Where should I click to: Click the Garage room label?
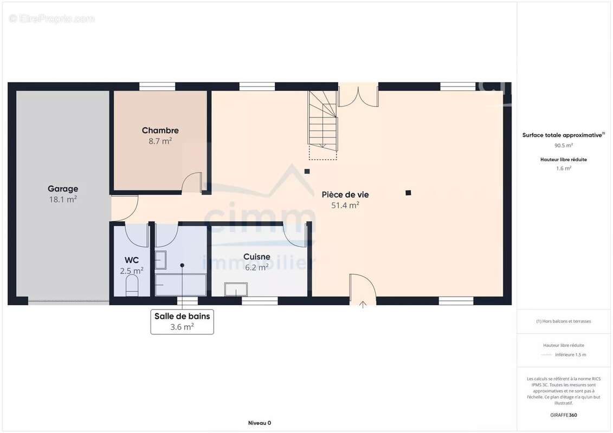[63, 188]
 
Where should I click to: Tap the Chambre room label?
[160, 130]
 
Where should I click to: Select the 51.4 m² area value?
[345, 205]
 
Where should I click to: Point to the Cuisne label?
[257, 257]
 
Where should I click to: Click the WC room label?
[132, 260]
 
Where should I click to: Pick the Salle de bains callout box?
[182, 322]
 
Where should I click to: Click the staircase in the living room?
[323, 121]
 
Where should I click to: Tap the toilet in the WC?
[132, 285]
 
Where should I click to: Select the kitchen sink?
[236, 289]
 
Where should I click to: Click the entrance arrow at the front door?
[363, 305]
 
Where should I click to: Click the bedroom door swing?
[192, 182]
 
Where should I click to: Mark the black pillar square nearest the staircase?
[307, 172]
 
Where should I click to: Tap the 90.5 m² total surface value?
[564, 145]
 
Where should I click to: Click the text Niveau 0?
[260, 423]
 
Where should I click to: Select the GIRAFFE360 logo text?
[564, 415]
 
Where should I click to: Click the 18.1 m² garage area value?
[63, 200]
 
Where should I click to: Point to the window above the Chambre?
[157, 86]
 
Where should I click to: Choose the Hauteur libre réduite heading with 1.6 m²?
[564, 159]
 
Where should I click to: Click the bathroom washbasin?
[160, 260]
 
